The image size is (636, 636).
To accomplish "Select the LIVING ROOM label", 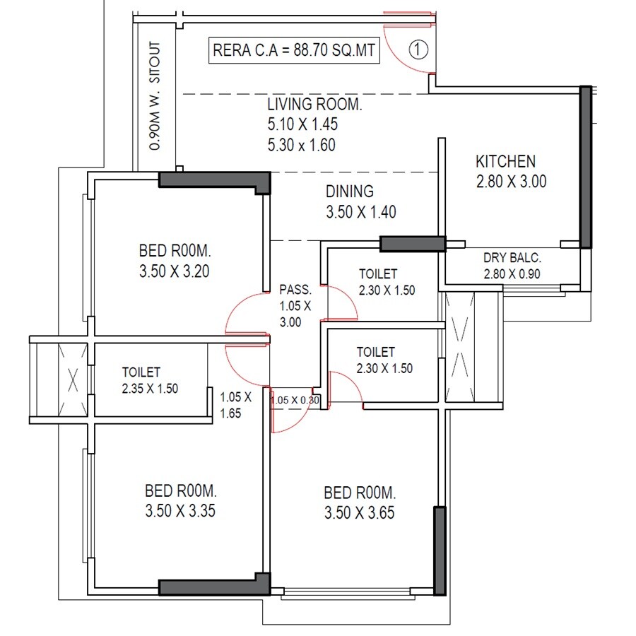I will (314, 105).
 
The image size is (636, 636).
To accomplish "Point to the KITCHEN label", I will (505, 162).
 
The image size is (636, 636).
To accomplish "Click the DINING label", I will (349, 192).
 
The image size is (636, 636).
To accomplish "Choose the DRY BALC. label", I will (512, 258).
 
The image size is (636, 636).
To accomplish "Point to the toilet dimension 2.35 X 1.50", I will (151, 387).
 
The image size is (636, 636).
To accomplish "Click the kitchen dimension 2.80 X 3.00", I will (511, 182).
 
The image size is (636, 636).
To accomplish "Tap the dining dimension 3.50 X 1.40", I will (360, 211).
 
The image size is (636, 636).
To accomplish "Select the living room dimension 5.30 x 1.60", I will (301, 146).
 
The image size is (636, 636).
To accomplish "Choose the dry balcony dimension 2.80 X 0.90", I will (512, 273).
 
